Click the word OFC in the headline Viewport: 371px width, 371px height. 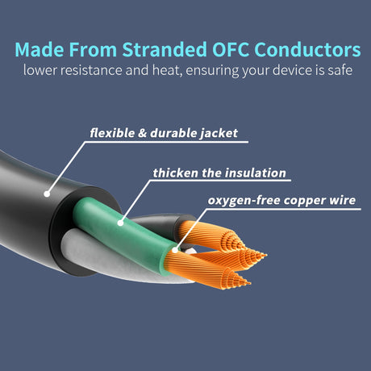click(x=231, y=49)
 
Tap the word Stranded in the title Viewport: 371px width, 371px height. click(x=165, y=49)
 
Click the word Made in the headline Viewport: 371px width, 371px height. click(x=40, y=49)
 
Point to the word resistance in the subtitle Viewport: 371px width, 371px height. click(x=91, y=70)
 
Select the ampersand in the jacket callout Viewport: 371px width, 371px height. click(x=142, y=133)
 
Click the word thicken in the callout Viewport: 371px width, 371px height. click(x=175, y=173)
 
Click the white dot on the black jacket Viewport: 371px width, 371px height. click(x=47, y=194)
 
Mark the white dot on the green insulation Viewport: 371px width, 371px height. click(x=120, y=223)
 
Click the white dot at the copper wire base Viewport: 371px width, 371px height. click(x=175, y=250)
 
